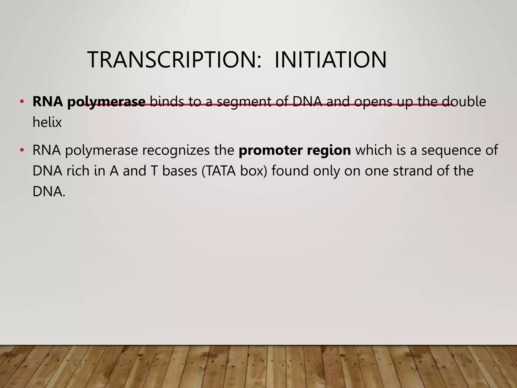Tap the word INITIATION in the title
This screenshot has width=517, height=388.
[x=330, y=60]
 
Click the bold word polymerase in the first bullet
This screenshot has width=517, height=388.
[x=106, y=102]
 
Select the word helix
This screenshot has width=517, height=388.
[x=47, y=123]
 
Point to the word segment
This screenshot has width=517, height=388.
[x=244, y=102]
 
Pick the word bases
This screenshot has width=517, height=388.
[x=179, y=171]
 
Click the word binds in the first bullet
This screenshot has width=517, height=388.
[x=167, y=102]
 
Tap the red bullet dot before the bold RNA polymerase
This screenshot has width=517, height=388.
[x=22, y=102]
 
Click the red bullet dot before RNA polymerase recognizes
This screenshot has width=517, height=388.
[x=22, y=150]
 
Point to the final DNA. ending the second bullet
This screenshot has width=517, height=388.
[x=49, y=192]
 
